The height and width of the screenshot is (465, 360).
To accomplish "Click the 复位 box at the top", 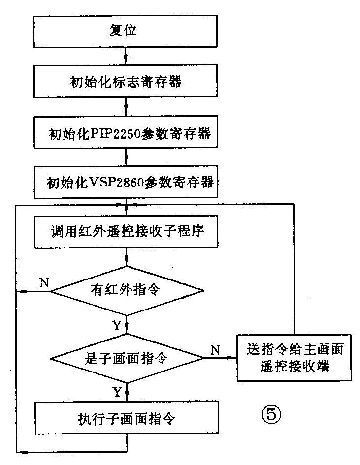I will click(x=127, y=32).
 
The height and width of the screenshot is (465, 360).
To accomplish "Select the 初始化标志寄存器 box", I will click(x=127, y=82).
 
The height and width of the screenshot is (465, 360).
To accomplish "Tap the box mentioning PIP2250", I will click(x=127, y=134).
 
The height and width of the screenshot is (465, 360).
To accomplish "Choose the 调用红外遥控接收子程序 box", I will click(x=127, y=232).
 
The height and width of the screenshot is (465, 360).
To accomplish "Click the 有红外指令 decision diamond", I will click(x=127, y=290).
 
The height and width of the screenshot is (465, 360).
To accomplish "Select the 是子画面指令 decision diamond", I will click(x=127, y=358).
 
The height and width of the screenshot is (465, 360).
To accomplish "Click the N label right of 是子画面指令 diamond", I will click(x=215, y=350).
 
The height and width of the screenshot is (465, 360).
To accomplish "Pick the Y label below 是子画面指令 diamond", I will click(x=117, y=392).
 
